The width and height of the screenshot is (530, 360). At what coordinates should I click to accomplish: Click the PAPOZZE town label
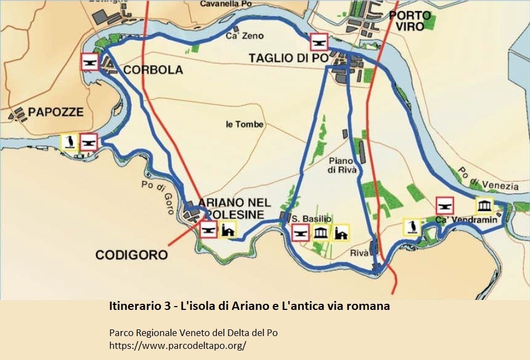coord(56,112)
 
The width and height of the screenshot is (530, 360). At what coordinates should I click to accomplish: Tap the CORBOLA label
coord(153,70)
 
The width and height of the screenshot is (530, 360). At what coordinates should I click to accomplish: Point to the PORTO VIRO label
coord(410,21)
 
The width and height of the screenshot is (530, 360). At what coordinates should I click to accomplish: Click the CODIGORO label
coord(131,255)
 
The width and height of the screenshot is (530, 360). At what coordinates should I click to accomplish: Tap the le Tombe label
coord(244,124)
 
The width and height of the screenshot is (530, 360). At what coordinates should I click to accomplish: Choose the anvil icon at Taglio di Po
coord(318,42)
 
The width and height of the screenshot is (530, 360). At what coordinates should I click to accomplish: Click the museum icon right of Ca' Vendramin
coord(484,205)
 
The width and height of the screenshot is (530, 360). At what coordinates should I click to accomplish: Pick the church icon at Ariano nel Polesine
coord(228,229)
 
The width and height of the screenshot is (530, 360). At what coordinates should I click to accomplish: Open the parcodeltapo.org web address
coord(178,345)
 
